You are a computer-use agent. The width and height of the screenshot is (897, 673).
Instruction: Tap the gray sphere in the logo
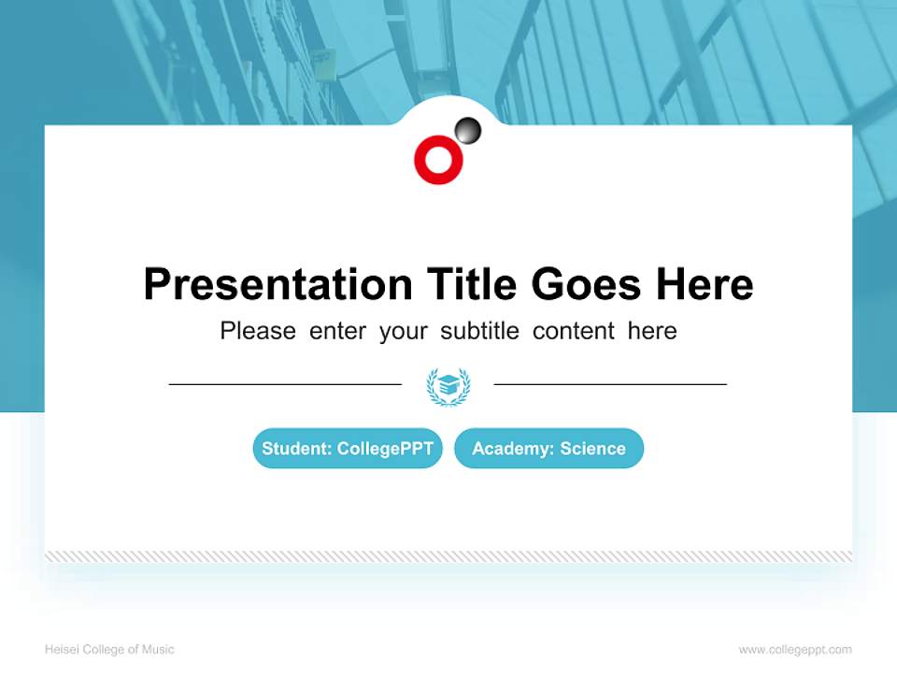coord(468,131)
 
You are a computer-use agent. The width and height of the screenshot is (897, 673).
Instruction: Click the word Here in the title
coord(704,284)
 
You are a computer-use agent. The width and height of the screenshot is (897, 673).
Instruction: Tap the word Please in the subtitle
coord(258,331)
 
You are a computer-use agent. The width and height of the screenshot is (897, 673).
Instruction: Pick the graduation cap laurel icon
coord(448,385)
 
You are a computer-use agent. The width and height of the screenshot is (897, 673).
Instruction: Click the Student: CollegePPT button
coord(348,449)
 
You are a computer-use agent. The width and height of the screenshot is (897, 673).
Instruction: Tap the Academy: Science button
coord(548,449)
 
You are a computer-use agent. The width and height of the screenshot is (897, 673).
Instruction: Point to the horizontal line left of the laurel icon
coord(285,384)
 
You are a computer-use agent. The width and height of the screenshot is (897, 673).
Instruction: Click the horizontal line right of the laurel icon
coord(610,384)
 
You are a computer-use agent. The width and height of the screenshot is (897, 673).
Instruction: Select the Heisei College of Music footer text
coord(109,650)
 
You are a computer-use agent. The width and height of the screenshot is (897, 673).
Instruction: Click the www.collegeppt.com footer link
coord(795,650)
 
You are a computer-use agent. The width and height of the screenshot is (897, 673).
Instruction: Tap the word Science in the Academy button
coord(592,449)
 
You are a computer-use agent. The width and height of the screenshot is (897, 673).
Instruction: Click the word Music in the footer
coord(158,650)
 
